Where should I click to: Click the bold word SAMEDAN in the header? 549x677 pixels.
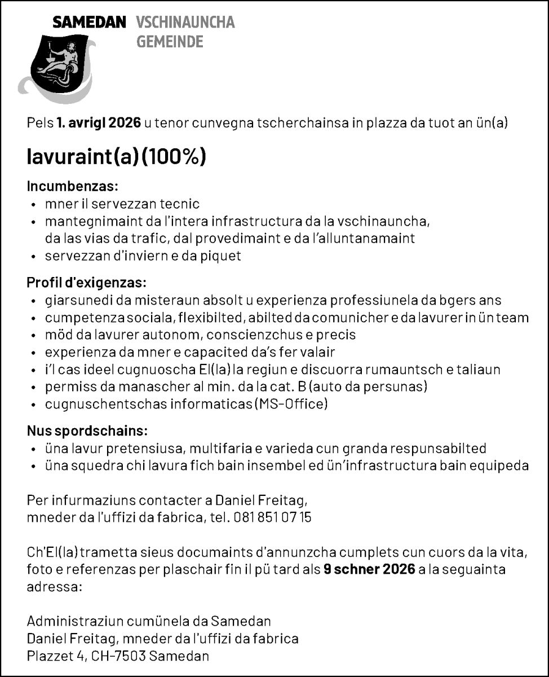tap(89, 23)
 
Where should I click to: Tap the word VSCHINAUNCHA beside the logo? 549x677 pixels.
tap(185, 23)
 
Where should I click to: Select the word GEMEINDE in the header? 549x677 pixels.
tap(170, 41)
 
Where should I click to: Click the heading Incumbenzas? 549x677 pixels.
tap(73, 186)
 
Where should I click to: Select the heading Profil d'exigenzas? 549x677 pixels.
tap(87, 282)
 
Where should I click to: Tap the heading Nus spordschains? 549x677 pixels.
tap(87, 431)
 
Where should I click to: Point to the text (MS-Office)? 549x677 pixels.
tap(291, 404)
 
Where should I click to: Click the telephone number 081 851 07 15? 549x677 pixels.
tap(272, 517)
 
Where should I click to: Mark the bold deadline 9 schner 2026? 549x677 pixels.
tap(369, 569)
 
